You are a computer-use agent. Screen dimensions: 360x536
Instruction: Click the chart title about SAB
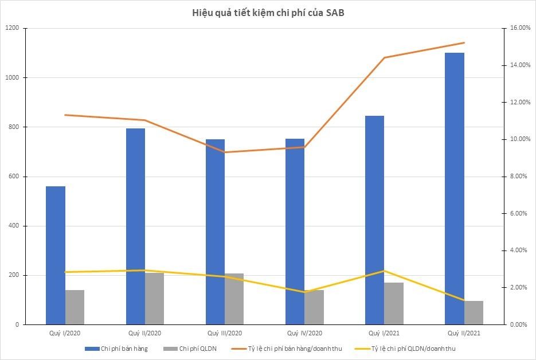point(268,13)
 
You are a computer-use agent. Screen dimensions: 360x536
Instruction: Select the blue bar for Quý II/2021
point(455,189)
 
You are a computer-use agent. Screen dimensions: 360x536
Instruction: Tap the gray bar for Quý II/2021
point(474,312)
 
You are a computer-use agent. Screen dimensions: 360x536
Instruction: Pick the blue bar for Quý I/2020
point(56,255)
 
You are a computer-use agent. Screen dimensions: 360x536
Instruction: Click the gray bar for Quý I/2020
point(75,307)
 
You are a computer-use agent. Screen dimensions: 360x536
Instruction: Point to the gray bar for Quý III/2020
point(234,299)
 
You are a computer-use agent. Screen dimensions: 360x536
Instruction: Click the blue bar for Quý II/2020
point(135,226)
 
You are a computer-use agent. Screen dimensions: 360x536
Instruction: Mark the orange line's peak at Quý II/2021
point(464,43)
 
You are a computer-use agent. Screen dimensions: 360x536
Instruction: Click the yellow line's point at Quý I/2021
point(384,271)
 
